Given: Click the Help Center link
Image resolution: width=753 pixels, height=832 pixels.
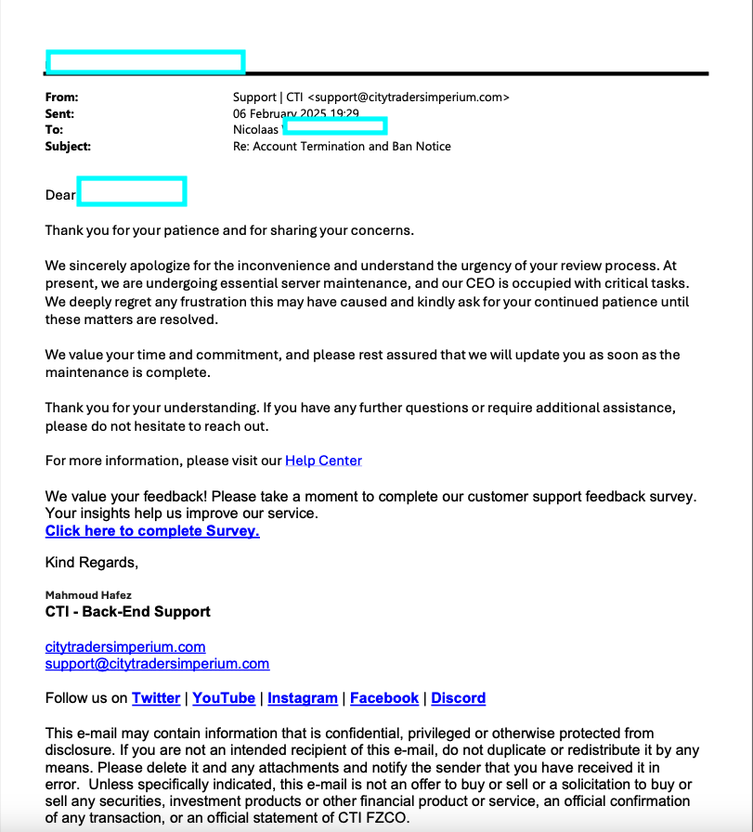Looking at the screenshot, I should point(323,461).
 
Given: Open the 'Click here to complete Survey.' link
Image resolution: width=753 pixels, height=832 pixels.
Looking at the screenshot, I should point(152,531).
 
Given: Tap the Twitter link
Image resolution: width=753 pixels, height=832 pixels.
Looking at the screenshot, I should point(156,698).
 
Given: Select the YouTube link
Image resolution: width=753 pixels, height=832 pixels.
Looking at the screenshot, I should point(224,698).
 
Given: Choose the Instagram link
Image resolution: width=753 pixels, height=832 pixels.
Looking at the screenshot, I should point(303,698).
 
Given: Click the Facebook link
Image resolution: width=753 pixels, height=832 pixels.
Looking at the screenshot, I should point(384,698).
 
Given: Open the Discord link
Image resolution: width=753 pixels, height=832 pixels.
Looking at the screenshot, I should point(459,698).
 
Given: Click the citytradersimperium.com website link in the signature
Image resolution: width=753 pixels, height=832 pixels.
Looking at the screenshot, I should point(125,646).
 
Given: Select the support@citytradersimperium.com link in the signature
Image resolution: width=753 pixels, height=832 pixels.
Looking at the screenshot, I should point(157,664).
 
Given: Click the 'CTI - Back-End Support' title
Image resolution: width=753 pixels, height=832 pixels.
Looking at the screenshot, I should point(128,612).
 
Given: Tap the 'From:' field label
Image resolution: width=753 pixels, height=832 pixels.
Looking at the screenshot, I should point(62,97).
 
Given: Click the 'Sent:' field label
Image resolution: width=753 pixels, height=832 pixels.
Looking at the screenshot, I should point(60,113).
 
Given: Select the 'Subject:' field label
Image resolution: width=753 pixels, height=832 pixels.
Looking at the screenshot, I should point(68,146).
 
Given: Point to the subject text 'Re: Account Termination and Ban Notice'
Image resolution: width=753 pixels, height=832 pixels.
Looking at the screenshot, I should point(342,146).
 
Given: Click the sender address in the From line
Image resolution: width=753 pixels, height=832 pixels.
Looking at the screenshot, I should point(409,97).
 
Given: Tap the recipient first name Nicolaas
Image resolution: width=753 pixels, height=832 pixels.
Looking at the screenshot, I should point(255,130).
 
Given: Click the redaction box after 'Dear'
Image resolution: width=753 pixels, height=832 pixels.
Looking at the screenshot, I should point(132,191).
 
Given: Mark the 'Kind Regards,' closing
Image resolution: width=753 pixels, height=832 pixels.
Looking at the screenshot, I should point(91,563).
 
